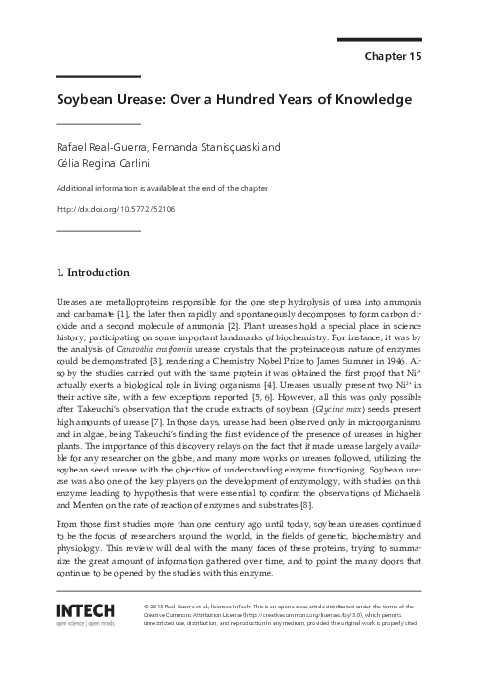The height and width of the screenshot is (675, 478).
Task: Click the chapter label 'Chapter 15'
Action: pyautogui.click(x=394, y=57)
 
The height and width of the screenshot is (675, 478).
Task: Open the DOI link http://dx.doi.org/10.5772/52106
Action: pyautogui.click(x=116, y=209)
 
